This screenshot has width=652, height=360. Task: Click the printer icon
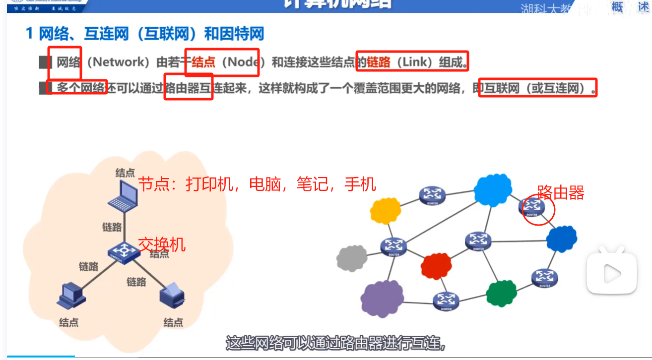coord(173,294)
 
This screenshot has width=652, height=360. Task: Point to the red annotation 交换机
coord(161,244)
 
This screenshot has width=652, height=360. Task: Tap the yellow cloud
coord(385,210)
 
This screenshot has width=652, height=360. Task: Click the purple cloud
coord(382,298)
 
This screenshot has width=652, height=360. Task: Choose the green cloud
coord(501,294)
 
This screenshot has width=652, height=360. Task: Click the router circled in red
coord(532,207)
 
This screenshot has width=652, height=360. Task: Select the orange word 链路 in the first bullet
coord(379,62)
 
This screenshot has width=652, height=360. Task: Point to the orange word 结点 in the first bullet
coord(203,62)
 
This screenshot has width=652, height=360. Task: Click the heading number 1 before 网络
coord(29,34)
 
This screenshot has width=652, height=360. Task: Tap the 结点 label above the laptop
coord(125,173)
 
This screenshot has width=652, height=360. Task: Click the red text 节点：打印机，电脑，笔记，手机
coord(257,184)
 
